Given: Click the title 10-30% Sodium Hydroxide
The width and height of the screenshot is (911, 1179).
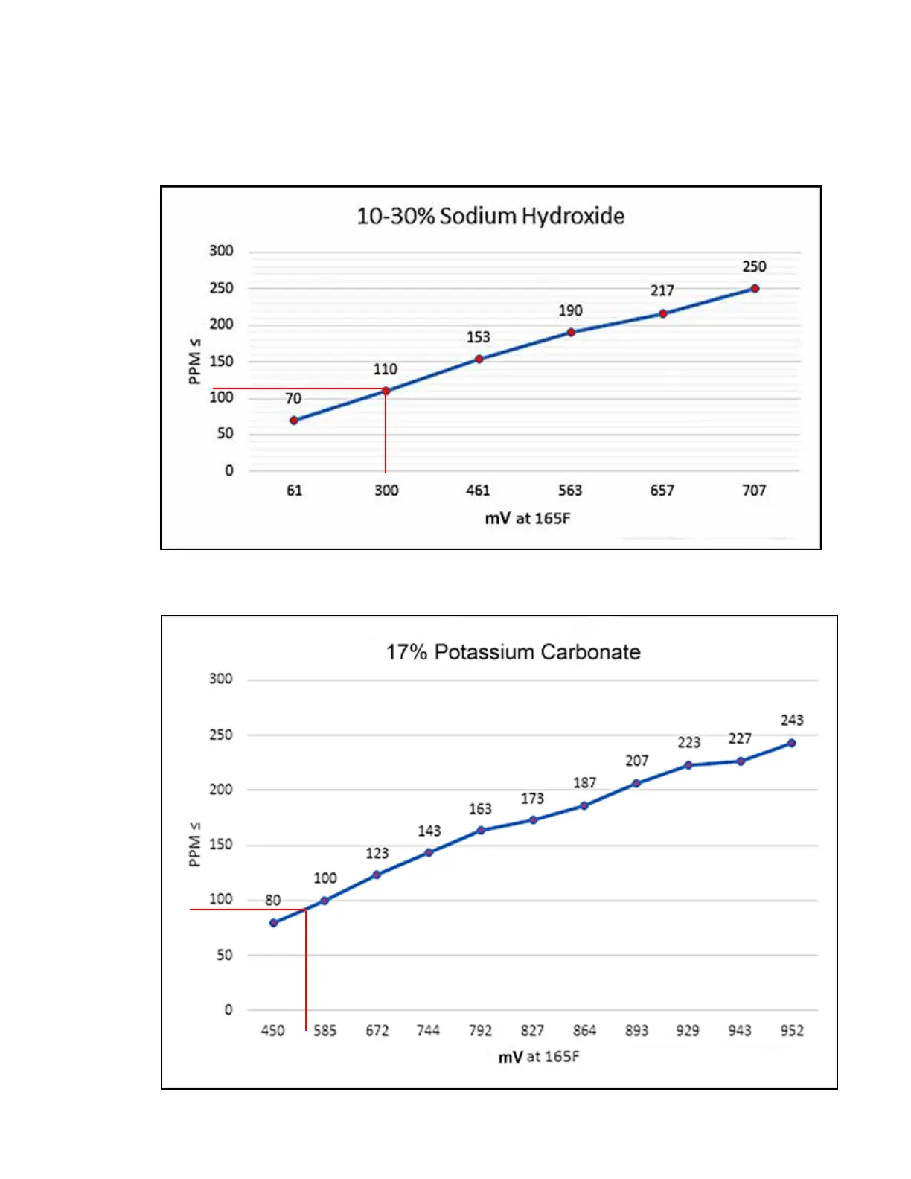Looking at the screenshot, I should coord(490,216).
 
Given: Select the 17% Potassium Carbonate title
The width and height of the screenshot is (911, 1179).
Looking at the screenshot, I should coord(513,652).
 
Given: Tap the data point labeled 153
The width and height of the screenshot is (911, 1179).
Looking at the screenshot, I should coord(479,359).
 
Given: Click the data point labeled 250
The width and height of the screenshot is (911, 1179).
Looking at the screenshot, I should coord(755,289).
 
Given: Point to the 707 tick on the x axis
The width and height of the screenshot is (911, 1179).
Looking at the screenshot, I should coord(754,491).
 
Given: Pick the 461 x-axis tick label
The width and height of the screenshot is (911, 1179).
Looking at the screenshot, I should coord(478,491).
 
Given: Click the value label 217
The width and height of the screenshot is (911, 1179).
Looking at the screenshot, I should coord(662,290).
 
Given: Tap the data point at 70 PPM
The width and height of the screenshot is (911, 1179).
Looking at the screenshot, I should coord(294,421).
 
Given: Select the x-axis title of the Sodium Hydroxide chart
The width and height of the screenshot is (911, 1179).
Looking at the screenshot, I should coord(527,518).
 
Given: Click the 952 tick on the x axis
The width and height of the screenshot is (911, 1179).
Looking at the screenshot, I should coord(792,1031).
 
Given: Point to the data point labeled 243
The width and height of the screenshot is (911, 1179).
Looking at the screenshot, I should coord(792,743).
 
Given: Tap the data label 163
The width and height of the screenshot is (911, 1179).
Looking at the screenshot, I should coord(480,809).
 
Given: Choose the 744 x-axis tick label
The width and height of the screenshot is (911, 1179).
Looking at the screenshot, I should coord(428,1031).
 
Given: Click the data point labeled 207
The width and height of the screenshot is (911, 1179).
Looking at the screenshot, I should coord(636,783).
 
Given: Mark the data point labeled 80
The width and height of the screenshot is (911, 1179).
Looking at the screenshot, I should coord(274,923).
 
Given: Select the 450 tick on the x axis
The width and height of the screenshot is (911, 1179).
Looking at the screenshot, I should coord(272,1031).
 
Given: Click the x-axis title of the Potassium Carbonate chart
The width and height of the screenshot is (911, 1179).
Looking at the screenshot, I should coord(538,1057).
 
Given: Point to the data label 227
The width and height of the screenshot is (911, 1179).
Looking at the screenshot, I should coord(740,738).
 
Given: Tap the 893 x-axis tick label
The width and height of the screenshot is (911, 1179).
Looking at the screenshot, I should coord(636,1031).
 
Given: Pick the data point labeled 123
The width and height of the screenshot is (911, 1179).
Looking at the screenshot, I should coord(377,875).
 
